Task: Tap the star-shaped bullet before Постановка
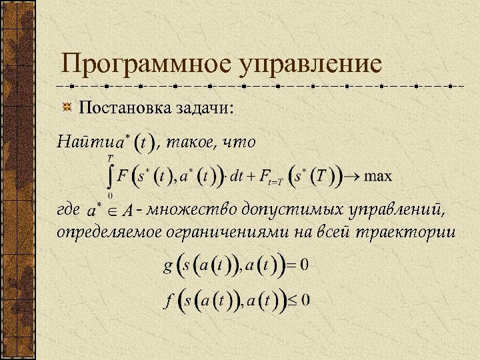click(67, 107)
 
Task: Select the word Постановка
click(123, 107)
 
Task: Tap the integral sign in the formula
click(109, 176)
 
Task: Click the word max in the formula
click(378, 176)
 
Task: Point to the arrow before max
click(352, 177)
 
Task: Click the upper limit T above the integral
click(110, 158)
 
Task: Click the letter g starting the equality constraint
click(168, 267)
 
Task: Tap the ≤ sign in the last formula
click(292, 301)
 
